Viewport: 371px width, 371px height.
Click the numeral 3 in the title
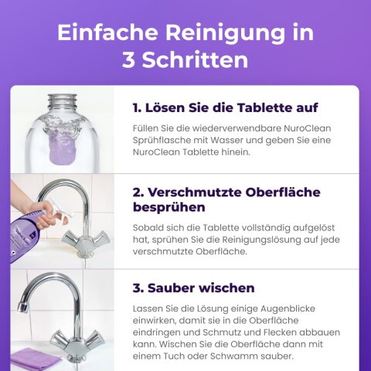pyautogui.click(x=128, y=60)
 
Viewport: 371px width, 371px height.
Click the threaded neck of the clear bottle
pyautogui.click(x=61, y=103)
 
